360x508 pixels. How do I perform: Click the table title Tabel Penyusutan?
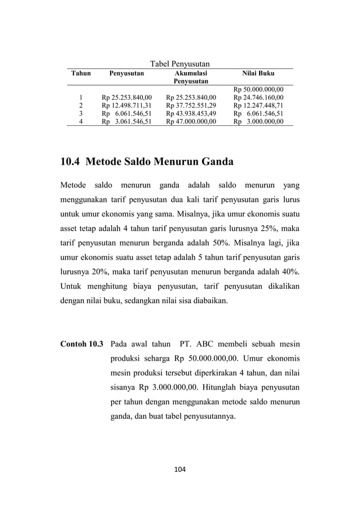[x=179, y=63]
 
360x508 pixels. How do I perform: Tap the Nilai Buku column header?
[x=258, y=73]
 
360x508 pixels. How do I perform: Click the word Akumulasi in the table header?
[x=191, y=73]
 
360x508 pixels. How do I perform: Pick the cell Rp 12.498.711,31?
[x=126, y=105]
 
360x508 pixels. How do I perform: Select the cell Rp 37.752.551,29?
[x=191, y=105]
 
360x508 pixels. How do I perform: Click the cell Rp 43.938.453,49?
[x=191, y=113]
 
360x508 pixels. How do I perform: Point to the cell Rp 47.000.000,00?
[x=191, y=121]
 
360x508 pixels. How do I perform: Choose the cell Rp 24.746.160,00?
[x=258, y=97]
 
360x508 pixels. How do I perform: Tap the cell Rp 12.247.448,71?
[x=258, y=105]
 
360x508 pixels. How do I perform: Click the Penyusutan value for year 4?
[x=126, y=121]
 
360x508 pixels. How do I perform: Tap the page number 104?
[x=179, y=469]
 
